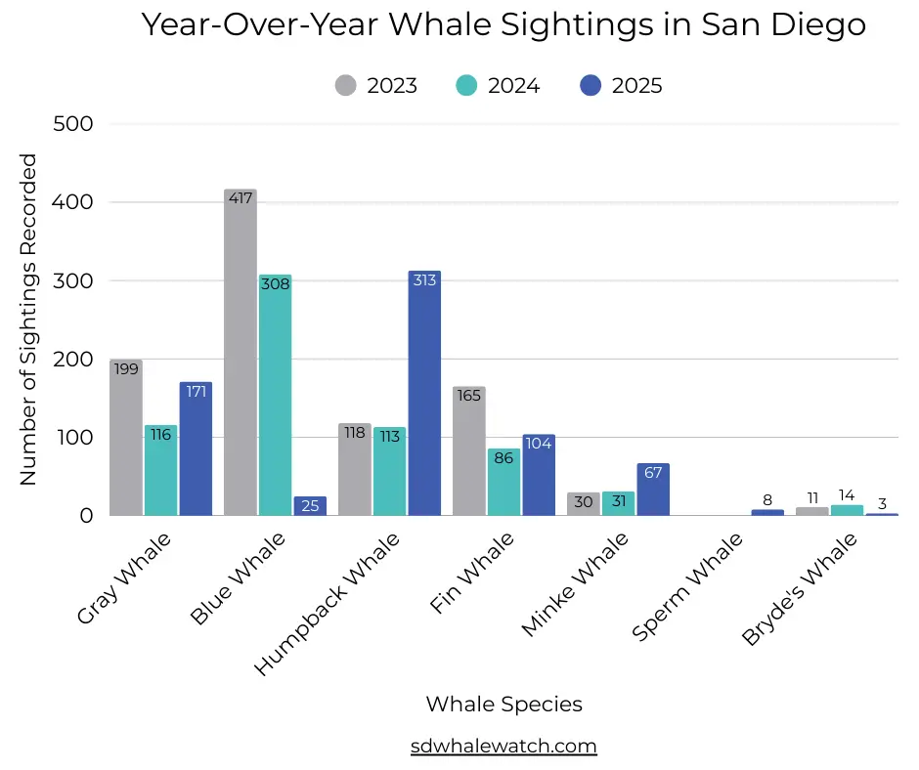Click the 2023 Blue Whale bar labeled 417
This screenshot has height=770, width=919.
pos(241,352)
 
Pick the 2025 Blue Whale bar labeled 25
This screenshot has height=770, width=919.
pos(310,505)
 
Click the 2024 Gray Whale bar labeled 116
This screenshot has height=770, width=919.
pos(161,470)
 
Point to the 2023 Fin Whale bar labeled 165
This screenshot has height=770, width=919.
pos(469,450)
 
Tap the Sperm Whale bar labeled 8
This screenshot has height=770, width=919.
pos(767,512)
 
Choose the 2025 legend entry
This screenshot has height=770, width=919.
pos(620,85)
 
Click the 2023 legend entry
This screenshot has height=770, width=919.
pos(375,85)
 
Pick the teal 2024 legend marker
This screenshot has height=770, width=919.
pos(467,85)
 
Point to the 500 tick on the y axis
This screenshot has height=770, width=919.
pos(73,124)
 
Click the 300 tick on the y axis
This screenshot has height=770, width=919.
pos(73,280)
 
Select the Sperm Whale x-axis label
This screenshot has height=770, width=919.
pos(688,586)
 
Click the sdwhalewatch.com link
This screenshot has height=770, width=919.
pos(503,746)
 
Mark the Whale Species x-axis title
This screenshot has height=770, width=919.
pos(503,704)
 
